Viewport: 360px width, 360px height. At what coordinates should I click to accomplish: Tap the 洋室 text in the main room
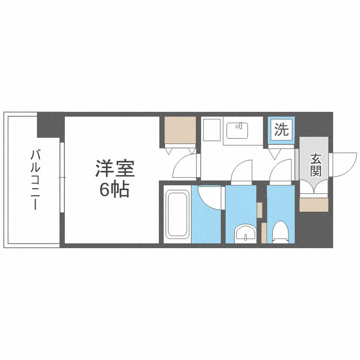pyautogui.click(x=114, y=169)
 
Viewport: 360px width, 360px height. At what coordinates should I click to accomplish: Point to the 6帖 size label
pyautogui.click(x=114, y=190)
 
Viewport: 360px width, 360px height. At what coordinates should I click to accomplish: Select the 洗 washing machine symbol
pyautogui.click(x=281, y=130)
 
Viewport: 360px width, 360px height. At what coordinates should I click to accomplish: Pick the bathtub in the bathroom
pyautogui.click(x=177, y=215)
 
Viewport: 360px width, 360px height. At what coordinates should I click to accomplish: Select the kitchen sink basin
pyautogui.click(x=236, y=131)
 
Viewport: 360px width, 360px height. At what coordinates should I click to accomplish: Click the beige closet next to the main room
pyautogui.click(x=180, y=130)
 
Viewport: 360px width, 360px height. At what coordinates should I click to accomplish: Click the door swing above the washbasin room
pyautogui.click(x=242, y=172)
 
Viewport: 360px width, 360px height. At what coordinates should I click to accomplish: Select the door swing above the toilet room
pyautogui.click(x=280, y=172)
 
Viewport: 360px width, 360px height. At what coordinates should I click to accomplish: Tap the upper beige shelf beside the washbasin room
pyautogui.click(x=260, y=210)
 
